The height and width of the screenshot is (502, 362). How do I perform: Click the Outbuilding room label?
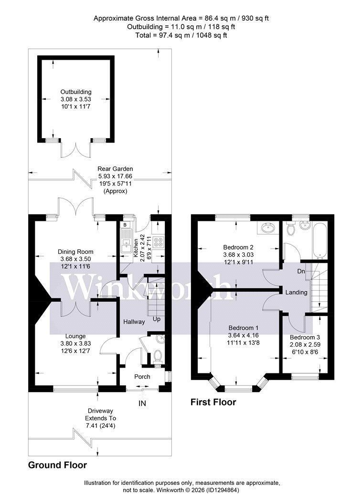tap(76, 92)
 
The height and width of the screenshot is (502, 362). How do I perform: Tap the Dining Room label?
tap(75, 251)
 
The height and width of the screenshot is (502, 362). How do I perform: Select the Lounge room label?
tap(75, 336)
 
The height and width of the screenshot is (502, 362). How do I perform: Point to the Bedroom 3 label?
tap(305, 337)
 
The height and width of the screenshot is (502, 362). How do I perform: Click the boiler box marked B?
tap(125, 225)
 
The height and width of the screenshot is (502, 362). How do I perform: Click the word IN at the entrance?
tap(142, 403)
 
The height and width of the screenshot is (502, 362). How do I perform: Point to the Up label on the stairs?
tap(157, 319)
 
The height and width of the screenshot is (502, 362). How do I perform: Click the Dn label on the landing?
tap(301, 271)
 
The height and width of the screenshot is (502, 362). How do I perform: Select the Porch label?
tap(142, 377)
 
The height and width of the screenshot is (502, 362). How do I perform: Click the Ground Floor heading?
tap(58, 465)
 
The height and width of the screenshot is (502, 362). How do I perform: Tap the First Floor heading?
tap(213, 402)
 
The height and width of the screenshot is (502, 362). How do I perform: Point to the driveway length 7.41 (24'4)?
tap(100, 426)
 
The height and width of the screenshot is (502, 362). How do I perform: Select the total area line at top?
tap(181, 35)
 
